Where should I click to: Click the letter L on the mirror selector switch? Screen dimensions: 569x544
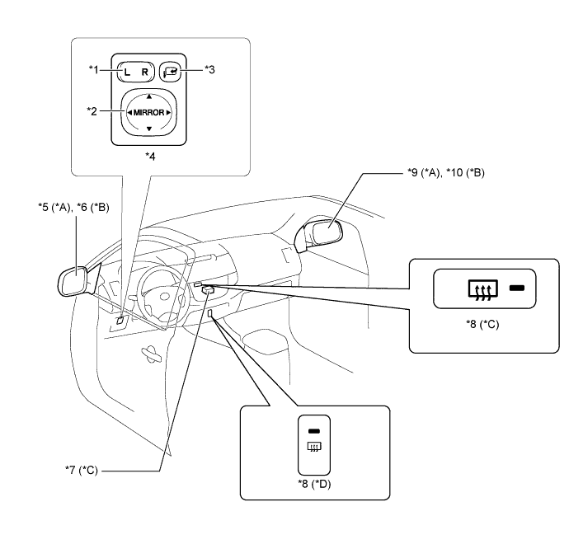127,73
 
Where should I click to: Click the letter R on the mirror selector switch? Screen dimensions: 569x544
145,73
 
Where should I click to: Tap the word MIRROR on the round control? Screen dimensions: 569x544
148,112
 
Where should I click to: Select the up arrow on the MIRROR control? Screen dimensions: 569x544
148,96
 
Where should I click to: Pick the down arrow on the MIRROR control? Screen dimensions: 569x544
148,129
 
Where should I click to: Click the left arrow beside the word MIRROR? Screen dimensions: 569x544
129,112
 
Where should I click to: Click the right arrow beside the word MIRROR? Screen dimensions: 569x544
168,112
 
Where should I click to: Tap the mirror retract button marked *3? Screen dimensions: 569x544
170,71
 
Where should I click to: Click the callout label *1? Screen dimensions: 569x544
94,69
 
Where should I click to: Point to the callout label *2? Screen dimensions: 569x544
92,111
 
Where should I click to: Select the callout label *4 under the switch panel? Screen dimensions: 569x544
150,157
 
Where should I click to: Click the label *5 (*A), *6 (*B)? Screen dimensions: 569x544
73,207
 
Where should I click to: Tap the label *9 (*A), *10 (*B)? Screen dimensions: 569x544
446,172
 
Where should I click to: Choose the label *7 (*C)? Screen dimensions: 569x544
82,470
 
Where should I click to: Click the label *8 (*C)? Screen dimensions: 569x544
482,324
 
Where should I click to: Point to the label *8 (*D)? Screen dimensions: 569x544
315,484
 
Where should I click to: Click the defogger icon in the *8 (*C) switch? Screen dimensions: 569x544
482,290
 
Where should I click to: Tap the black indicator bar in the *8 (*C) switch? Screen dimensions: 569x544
517,288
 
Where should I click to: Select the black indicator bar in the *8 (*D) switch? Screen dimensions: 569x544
314,431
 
